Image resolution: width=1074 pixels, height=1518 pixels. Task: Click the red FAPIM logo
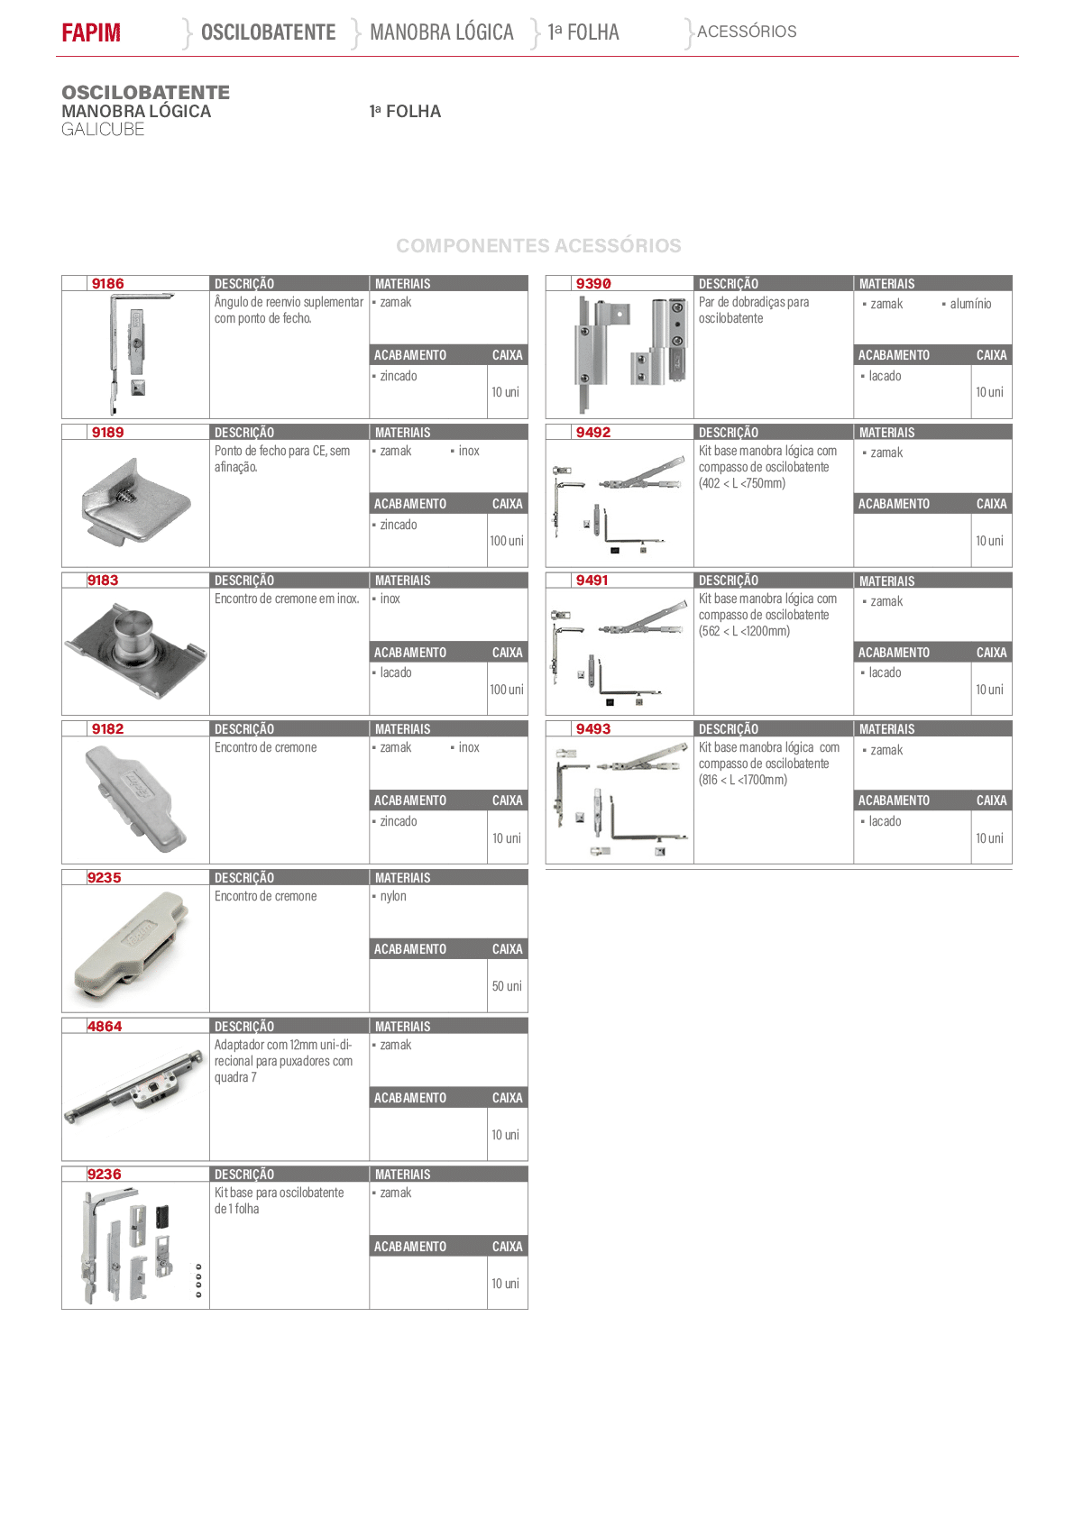click(91, 32)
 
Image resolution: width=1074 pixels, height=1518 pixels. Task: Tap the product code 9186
click(108, 283)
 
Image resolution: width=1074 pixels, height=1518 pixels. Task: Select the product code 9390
click(593, 283)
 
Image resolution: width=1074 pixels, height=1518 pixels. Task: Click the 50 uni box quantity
click(507, 986)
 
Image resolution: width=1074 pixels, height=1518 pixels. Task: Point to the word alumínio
click(970, 304)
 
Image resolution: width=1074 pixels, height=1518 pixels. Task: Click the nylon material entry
click(392, 896)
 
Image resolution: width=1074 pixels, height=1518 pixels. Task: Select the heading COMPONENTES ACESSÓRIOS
click(538, 245)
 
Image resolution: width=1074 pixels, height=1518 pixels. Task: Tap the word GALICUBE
click(103, 130)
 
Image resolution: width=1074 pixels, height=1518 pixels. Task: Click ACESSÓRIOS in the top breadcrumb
click(747, 32)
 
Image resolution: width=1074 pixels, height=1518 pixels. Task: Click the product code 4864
click(105, 1026)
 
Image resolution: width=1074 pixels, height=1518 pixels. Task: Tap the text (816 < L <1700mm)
click(743, 780)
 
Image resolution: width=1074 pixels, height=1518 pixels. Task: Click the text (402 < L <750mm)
click(742, 483)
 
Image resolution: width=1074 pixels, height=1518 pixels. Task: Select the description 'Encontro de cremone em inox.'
click(287, 599)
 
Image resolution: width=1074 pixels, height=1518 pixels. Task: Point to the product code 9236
click(104, 1175)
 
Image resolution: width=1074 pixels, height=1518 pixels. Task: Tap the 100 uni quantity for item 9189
click(507, 541)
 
